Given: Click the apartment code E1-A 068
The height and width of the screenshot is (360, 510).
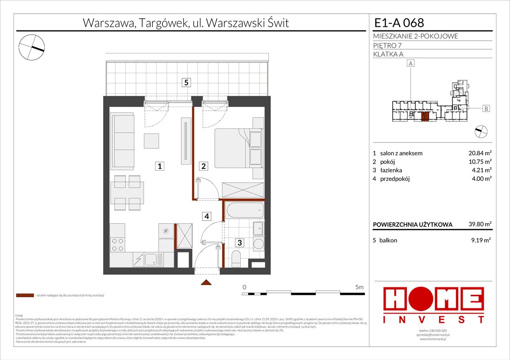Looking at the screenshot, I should (398, 22).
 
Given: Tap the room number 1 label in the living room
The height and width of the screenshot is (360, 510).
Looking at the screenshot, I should (160, 165).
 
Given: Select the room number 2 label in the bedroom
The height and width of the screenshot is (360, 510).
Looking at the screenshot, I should (204, 165).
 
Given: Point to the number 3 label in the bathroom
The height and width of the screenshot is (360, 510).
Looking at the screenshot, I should (239, 243).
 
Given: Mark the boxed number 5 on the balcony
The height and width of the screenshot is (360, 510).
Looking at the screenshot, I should (186, 82).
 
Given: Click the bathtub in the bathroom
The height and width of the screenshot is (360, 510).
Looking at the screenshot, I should (244, 210).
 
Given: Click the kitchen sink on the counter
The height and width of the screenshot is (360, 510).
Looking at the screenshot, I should (151, 259).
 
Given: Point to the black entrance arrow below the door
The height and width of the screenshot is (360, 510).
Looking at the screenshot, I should (206, 282).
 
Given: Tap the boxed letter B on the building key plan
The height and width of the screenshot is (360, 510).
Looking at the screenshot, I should (486, 109).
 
